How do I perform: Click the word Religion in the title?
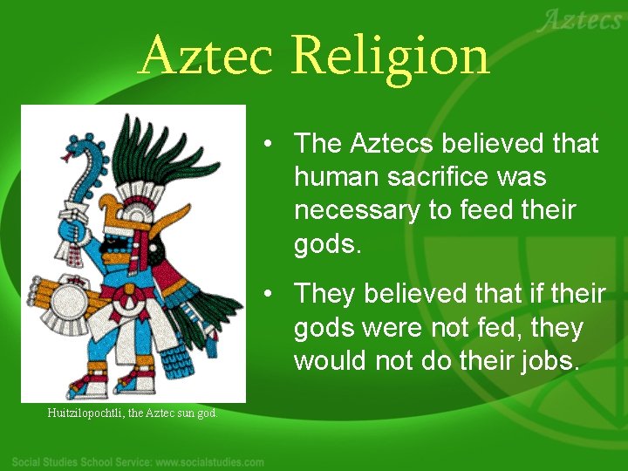(391, 57)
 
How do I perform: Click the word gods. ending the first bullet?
(327, 245)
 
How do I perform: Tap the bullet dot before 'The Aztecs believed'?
(273, 143)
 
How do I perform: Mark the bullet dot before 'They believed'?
(273, 294)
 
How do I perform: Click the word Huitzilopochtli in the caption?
(85, 413)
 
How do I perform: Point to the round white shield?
(67, 305)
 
